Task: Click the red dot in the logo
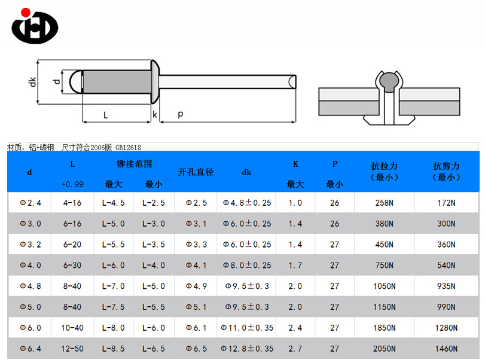pos(25,13)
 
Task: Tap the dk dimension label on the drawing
pos(32,82)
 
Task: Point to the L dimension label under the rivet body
pos(105,115)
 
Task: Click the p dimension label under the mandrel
pos(181,114)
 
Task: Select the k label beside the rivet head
pos(155,115)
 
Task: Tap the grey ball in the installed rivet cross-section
pos(388,81)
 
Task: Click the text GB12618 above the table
pos(128,148)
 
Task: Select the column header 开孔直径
pos(196,172)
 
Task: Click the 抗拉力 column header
pos(385,166)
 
